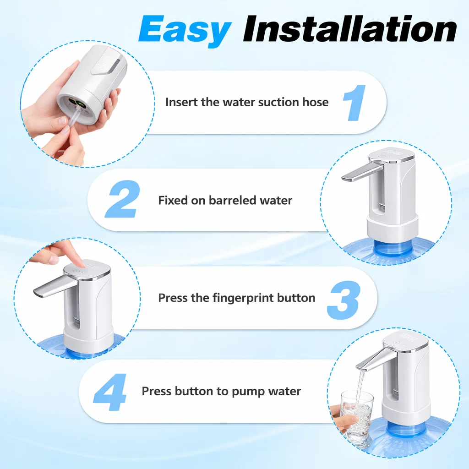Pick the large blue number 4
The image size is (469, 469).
pos(110,393)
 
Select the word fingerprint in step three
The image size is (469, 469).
pos(243,298)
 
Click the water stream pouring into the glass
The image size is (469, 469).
pos(361,385)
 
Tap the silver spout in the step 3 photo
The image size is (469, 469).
pos(50,288)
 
